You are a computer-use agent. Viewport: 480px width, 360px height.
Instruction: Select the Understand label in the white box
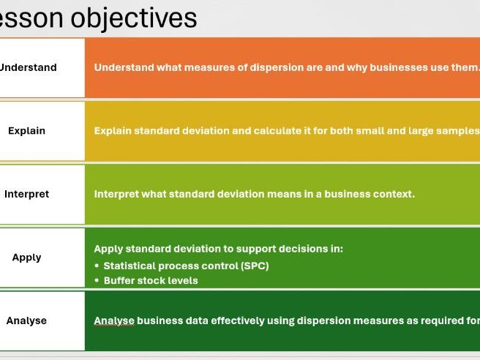pyautogui.click(x=27, y=67)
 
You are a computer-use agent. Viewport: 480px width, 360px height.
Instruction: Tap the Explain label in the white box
pyautogui.click(x=26, y=131)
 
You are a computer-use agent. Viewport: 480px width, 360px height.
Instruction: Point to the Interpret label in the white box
pyautogui.click(x=26, y=194)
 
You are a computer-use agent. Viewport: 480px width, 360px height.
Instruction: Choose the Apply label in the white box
pyautogui.click(x=26, y=258)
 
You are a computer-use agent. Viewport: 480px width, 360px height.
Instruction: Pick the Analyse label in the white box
pyautogui.click(x=26, y=320)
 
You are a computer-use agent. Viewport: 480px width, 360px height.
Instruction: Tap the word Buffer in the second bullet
pyautogui.click(x=120, y=280)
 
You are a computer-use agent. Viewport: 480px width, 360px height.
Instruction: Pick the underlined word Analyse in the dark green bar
pyautogui.click(x=114, y=320)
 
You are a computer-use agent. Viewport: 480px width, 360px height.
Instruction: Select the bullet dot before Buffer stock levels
pyautogui.click(x=97, y=280)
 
